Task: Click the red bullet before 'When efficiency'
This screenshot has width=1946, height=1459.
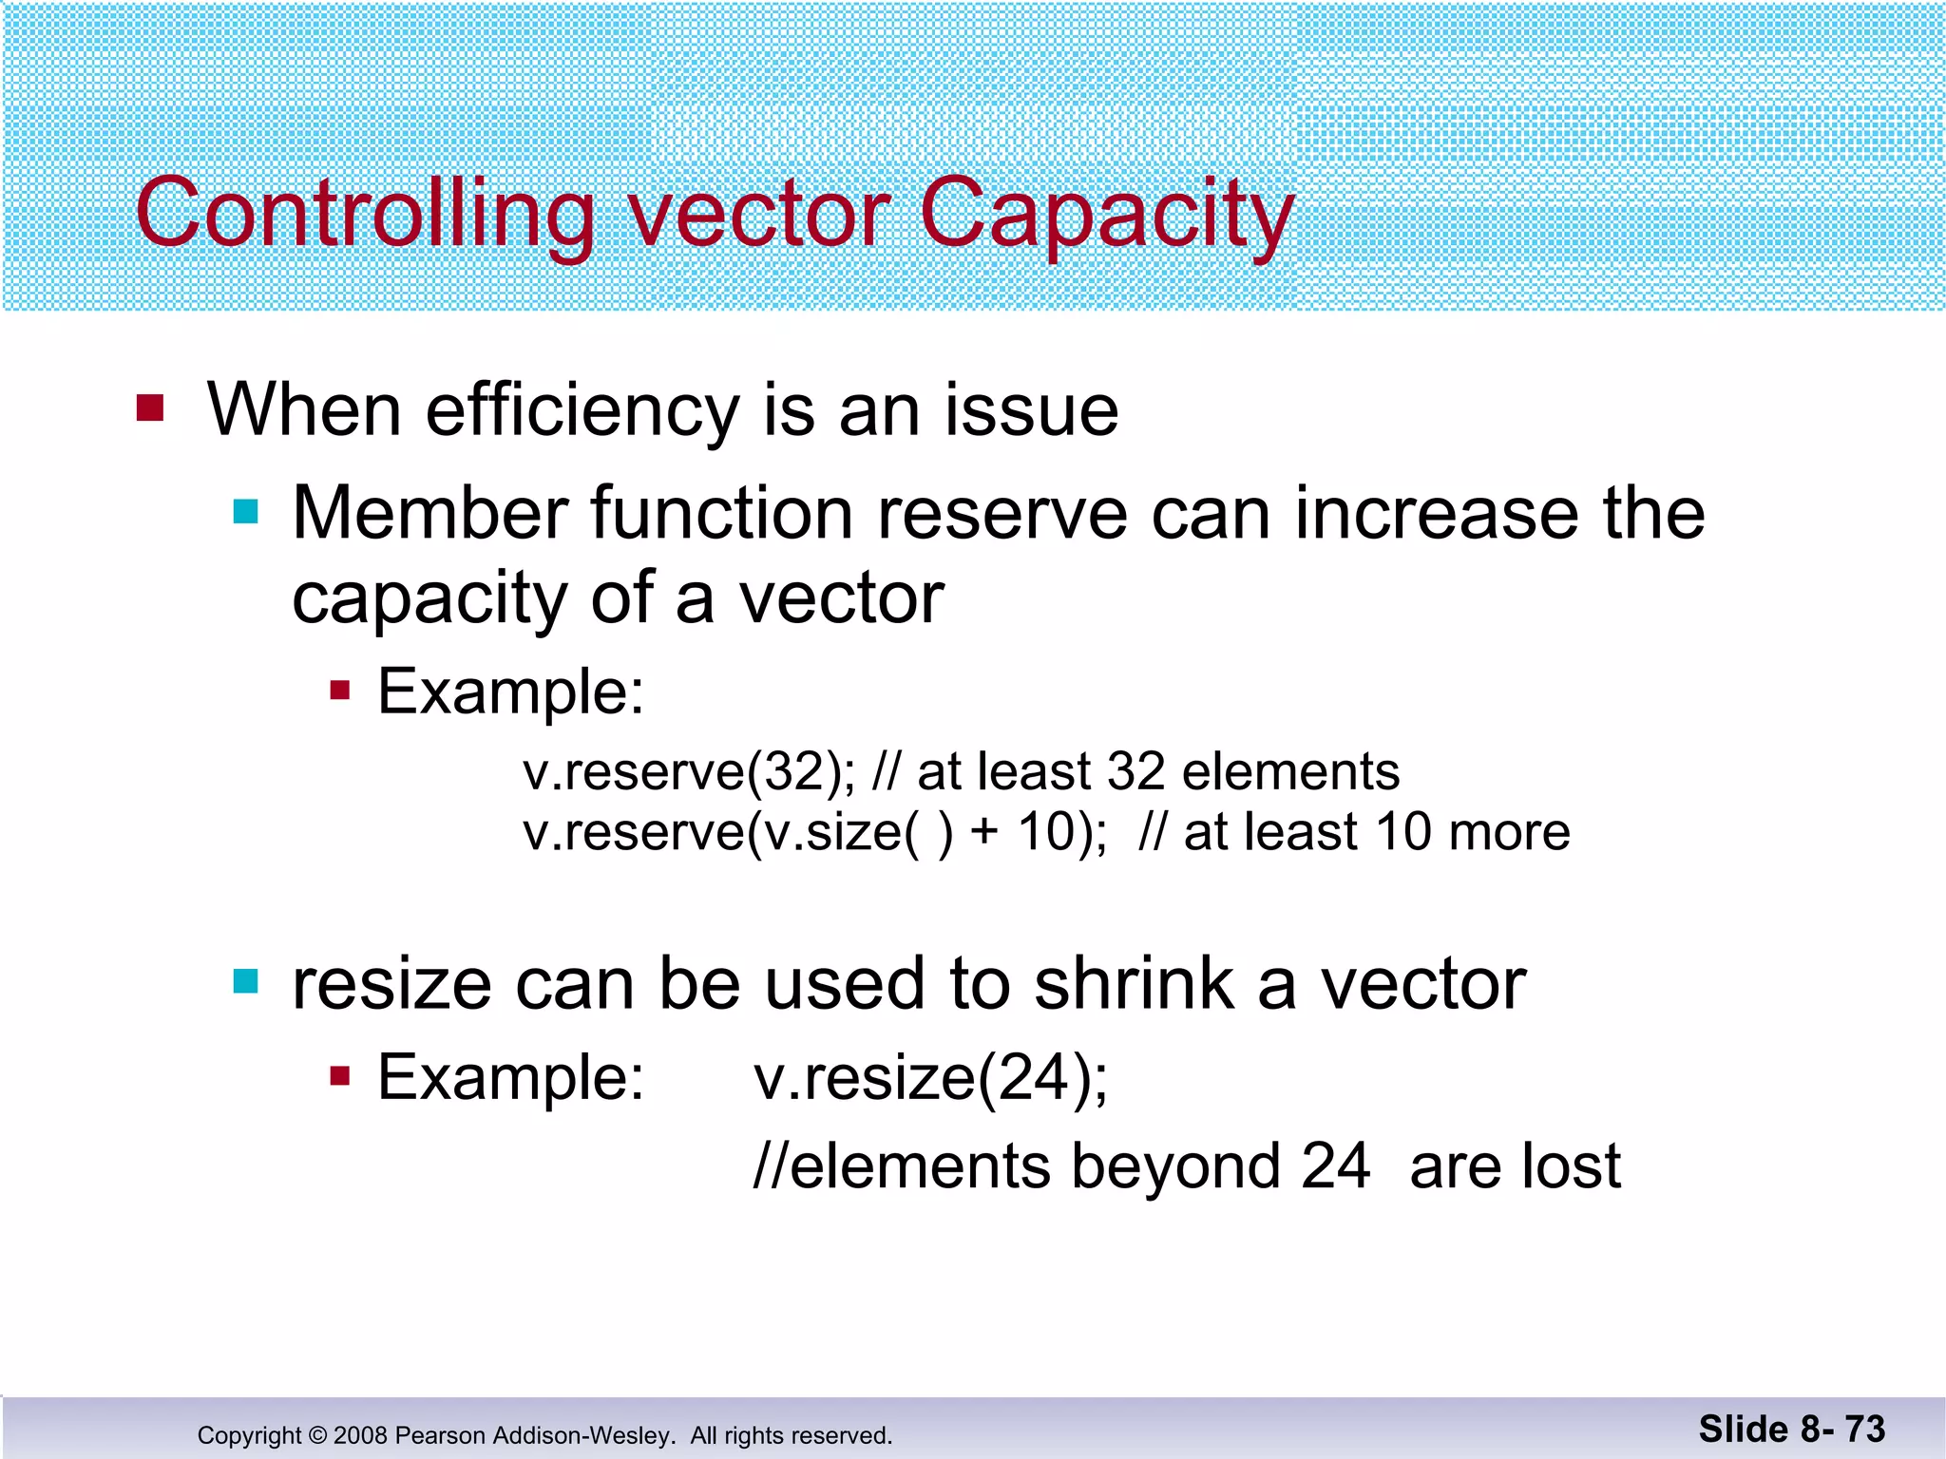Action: tap(150, 408)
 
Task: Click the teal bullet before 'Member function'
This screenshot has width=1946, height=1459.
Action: tap(246, 513)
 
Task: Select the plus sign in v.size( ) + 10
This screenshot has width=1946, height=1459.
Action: tap(984, 832)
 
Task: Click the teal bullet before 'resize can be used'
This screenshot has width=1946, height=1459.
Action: tap(246, 981)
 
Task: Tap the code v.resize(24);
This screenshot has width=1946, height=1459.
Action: tap(930, 1078)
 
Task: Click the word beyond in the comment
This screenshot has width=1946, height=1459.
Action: tap(1175, 1166)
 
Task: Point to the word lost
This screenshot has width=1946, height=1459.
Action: tap(1570, 1166)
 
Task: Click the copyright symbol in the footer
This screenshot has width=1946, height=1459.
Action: tap(317, 1435)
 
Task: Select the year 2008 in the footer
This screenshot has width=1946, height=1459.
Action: tap(360, 1435)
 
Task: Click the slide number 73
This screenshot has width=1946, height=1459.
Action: tap(1864, 1429)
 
